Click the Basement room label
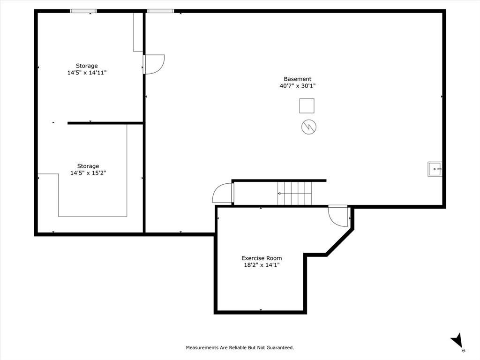297,79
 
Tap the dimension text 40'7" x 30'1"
297,86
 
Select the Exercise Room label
262,258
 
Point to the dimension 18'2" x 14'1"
262,265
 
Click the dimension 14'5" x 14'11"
87,73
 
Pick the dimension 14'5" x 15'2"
88,173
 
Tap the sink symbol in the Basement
435,169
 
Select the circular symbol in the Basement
309,127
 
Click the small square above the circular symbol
307,105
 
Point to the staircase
294,193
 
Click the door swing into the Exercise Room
337,217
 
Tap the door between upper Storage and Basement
154,64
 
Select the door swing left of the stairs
223,193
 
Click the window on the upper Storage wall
83,11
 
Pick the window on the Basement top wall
160,11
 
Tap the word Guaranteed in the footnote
279,348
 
